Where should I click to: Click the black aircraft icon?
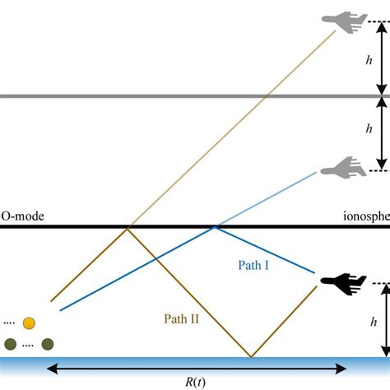[x=343, y=283]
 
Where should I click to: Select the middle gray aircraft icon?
[x=342, y=170]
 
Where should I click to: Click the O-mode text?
[x=21, y=217]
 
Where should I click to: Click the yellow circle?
[x=30, y=323]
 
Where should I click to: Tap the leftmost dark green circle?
[x=11, y=343]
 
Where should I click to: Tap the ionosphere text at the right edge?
[x=366, y=217]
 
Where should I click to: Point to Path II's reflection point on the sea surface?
[x=252, y=356]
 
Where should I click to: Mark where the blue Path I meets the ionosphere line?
[x=215, y=227]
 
